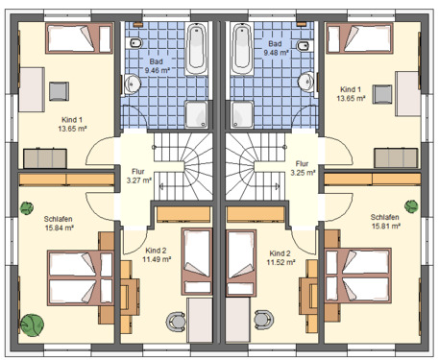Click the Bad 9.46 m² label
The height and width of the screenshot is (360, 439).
(x=156, y=65)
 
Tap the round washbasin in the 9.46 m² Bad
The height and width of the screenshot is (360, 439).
(x=133, y=83)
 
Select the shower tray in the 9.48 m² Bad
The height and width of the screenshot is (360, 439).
(x=240, y=113)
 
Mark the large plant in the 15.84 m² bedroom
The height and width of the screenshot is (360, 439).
(x=35, y=326)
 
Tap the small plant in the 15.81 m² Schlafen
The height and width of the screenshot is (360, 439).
(x=411, y=205)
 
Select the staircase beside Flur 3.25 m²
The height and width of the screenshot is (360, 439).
(x=254, y=165)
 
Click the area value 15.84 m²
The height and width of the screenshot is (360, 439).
(x=56, y=228)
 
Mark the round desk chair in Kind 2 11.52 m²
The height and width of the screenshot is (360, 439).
(x=262, y=318)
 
